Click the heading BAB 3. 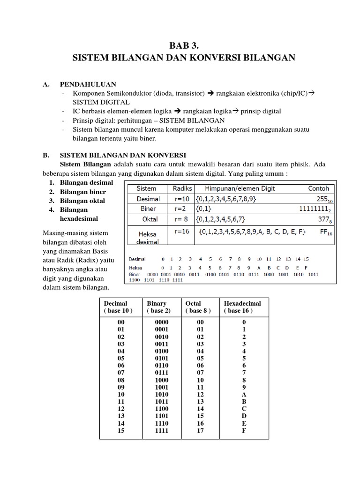(180, 45)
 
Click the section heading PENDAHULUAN (87, 84)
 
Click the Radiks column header (182, 188)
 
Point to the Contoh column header (318, 188)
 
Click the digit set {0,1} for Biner (206, 209)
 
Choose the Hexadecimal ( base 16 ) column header (242, 307)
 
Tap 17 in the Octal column (200, 431)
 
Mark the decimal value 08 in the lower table (121, 380)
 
